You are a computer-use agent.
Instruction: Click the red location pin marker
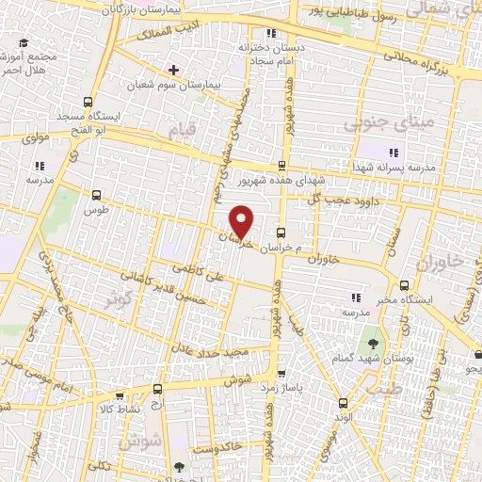click(242, 222)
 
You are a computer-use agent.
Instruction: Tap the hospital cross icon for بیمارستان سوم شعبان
click(172, 70)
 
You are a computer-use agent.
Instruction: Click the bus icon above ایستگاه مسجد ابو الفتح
click(88, 102)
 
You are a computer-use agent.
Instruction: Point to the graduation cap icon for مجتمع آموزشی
click(23, 43)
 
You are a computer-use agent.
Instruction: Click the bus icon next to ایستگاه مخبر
click(403, 285)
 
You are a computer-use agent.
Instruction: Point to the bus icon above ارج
click(157, 388)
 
